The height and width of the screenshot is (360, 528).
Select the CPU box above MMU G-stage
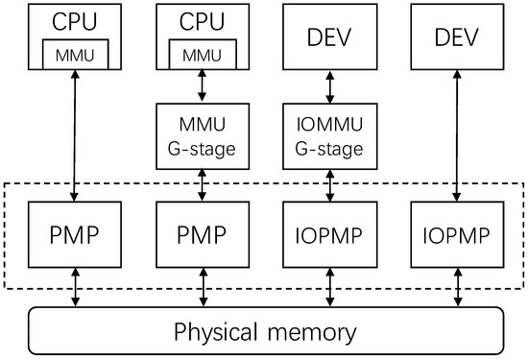(201, 21)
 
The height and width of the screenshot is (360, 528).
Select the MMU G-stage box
(201, 137)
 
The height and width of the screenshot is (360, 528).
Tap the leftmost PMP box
(75, 233)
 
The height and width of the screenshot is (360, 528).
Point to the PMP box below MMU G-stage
(201, 233)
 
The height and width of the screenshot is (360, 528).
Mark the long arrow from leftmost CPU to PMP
(75, 134)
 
